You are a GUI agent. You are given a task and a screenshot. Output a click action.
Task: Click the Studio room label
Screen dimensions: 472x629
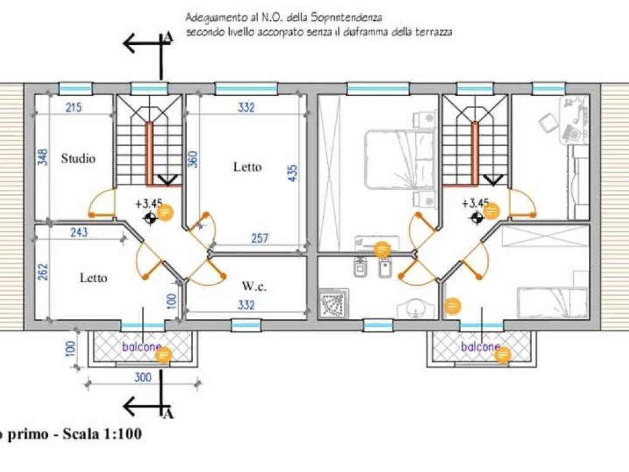tap(78, 159)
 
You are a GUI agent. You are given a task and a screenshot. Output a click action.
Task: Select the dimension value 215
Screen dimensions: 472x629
tap(74, 108)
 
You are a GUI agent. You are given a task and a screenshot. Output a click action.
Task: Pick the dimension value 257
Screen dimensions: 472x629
tap(260, 238)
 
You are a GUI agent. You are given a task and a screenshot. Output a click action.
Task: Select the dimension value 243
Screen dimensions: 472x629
tap(79, 232)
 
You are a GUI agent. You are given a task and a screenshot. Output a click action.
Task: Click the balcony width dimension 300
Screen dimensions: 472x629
tap(143, 378)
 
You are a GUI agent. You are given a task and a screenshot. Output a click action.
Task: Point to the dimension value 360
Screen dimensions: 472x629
tap(192, 159)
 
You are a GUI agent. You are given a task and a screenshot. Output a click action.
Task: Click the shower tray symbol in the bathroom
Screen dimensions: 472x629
tap(334, 304)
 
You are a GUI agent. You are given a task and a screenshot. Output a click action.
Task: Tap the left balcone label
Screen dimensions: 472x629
tap(141, 347)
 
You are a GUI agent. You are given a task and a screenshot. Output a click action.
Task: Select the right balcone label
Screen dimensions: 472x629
tap(480, 347)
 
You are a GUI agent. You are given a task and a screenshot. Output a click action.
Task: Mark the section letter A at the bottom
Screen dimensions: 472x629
tap(168, 414)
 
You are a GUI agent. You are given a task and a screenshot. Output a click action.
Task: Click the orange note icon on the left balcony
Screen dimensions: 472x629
tap(163, 355)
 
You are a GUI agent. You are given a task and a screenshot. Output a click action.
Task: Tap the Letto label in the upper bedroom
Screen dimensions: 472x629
tap(247, 167)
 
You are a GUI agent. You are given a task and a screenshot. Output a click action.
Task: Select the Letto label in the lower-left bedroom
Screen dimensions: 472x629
tap(93, 278)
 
